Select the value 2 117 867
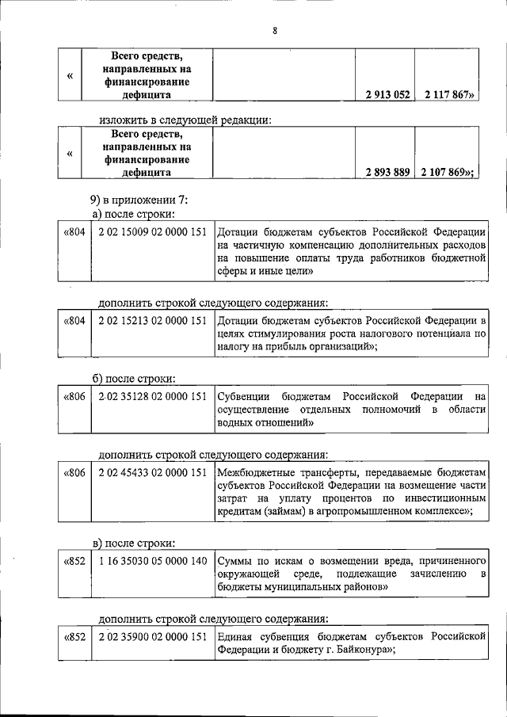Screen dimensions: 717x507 [448, 94]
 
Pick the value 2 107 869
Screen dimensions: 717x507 [448, 171]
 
